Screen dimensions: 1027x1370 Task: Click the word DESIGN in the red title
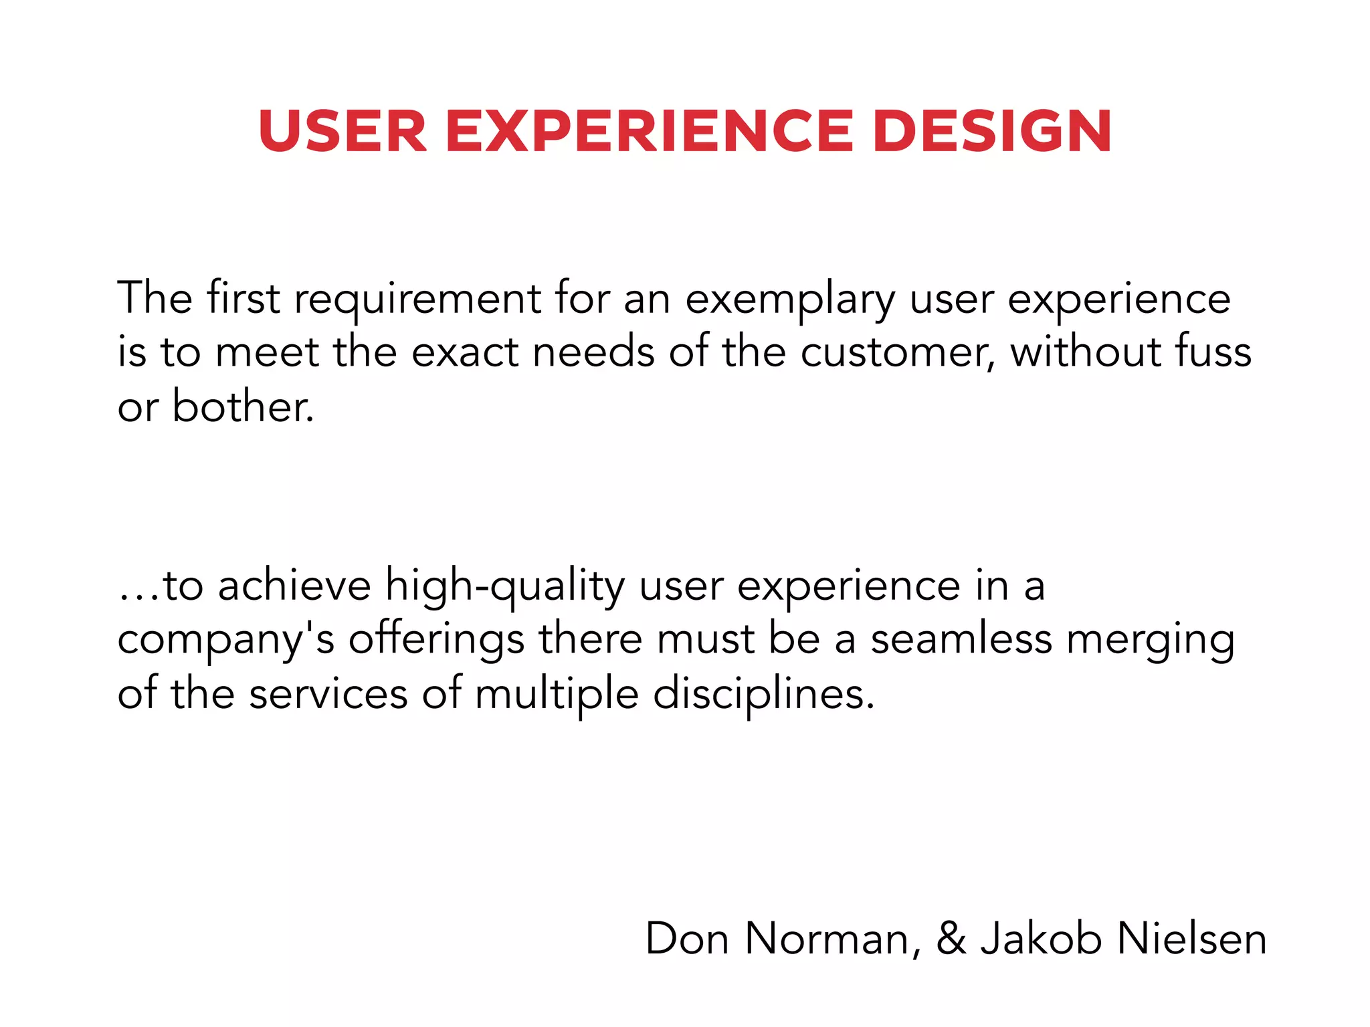point(992,131)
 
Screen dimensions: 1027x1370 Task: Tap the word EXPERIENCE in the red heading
point(649,131)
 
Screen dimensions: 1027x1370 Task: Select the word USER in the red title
point(342,131)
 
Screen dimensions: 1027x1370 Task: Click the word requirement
point(417,298)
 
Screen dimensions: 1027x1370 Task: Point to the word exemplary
point(790,300)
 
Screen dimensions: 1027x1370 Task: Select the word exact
point(464,352)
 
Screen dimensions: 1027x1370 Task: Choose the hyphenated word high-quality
point(505,587)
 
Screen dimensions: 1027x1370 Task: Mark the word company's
point(225,641)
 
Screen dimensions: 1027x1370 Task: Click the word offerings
point(436,640)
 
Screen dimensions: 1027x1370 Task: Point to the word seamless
point(961,639)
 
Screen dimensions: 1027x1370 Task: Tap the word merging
point(1151,641)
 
